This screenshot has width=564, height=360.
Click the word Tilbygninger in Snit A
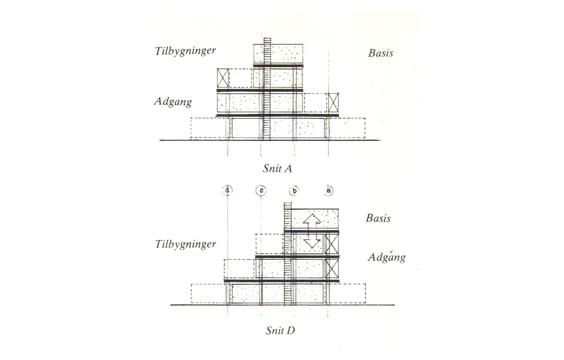click(x=185, y=51)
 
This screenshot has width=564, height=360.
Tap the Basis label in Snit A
click(x=380, y=53)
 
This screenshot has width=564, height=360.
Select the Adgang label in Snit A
click(x=173, y=102)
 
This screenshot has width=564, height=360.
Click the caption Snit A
click(x=277, y=169)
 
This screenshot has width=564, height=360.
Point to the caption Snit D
click(x=280, y=331)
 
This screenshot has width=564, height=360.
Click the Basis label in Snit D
click(x=379, y=218)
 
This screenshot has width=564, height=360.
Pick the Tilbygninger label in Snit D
click(x=185, y=245)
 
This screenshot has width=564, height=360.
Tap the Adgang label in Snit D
click(x=386, y=257)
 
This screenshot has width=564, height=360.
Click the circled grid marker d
click(x=227, y=190)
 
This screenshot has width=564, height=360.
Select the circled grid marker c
click(x=261, y=190)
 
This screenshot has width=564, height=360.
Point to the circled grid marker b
click(x=295, y=190)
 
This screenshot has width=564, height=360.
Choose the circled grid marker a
click(x=328, y=190)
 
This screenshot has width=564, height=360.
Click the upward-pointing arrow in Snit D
click(x=312, y=220)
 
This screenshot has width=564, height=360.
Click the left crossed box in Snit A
click(x=223, y=77)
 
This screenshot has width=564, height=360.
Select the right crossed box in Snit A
click(x=334, y=103)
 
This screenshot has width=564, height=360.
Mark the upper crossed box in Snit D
click(x=332, y=244)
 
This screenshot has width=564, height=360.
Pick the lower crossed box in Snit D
click(x=332, y=268)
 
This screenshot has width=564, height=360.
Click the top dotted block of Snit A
click(x=278, y=54)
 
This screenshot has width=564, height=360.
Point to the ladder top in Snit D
click(x=287, y=203)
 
